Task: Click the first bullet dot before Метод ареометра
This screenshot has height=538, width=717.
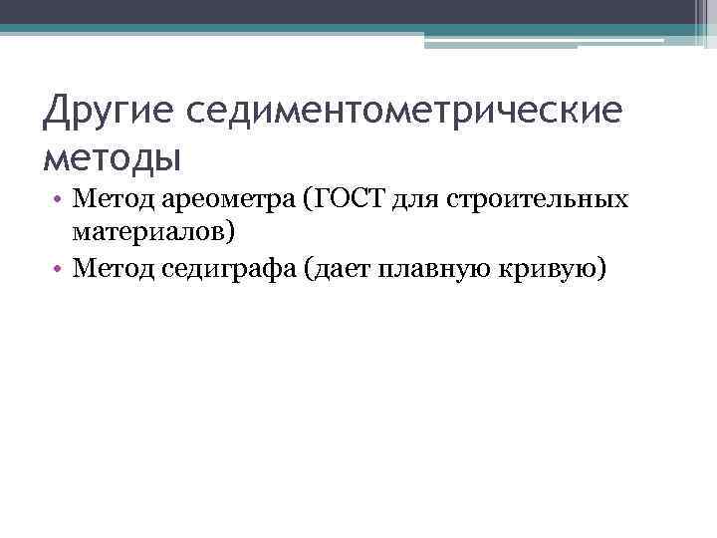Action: [x=61, y=200]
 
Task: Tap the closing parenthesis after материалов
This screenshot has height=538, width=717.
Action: [x=232, y=234]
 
